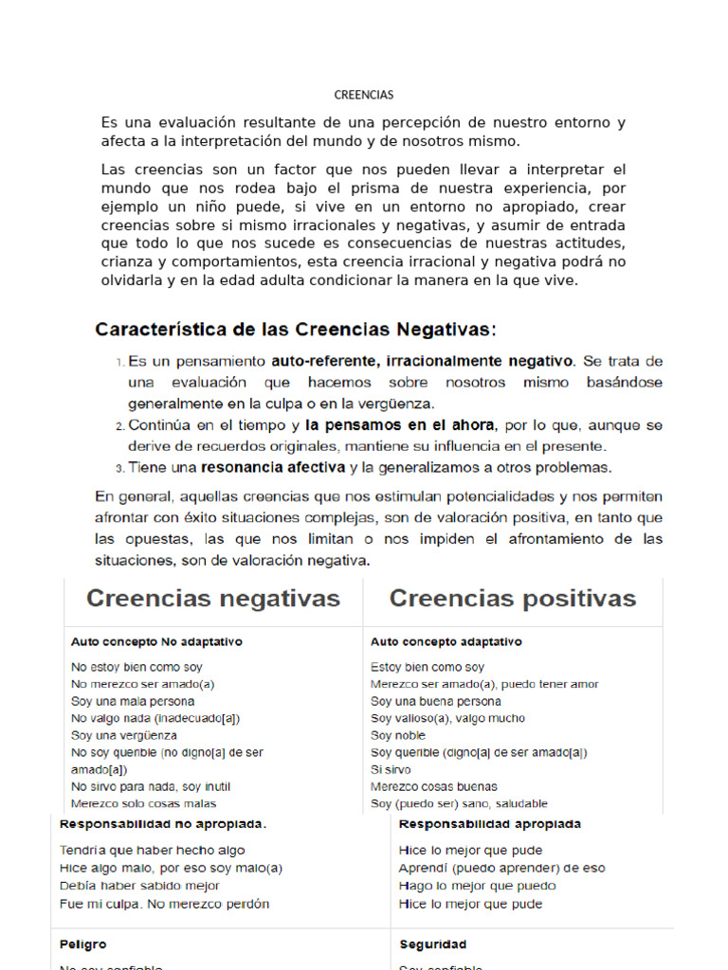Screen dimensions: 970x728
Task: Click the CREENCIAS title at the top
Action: tap(364, 95)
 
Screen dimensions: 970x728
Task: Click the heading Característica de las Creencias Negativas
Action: tap(295, 330)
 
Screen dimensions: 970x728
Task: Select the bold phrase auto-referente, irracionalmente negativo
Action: tap(422, 361)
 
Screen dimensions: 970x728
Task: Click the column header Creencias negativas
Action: tap(213, 599)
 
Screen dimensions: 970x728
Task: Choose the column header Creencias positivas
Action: tap(513, 599)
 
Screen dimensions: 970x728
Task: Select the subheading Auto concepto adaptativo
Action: tap(446, 641)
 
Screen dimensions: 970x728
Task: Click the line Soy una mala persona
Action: tap(133, 701)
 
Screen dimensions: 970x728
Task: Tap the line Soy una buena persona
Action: tap(436, 701)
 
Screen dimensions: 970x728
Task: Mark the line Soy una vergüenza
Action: tap(124, 735)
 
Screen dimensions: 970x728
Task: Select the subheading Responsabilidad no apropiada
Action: tap(163, 824)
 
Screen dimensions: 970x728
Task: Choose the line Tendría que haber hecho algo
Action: tap(152, 851)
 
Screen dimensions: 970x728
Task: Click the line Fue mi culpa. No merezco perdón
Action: tap(164, 904)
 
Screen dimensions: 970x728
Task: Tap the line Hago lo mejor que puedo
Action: tap(478, 886)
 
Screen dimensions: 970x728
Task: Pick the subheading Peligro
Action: tap(83, 944)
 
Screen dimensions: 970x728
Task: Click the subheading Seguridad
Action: tap(433, 944)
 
